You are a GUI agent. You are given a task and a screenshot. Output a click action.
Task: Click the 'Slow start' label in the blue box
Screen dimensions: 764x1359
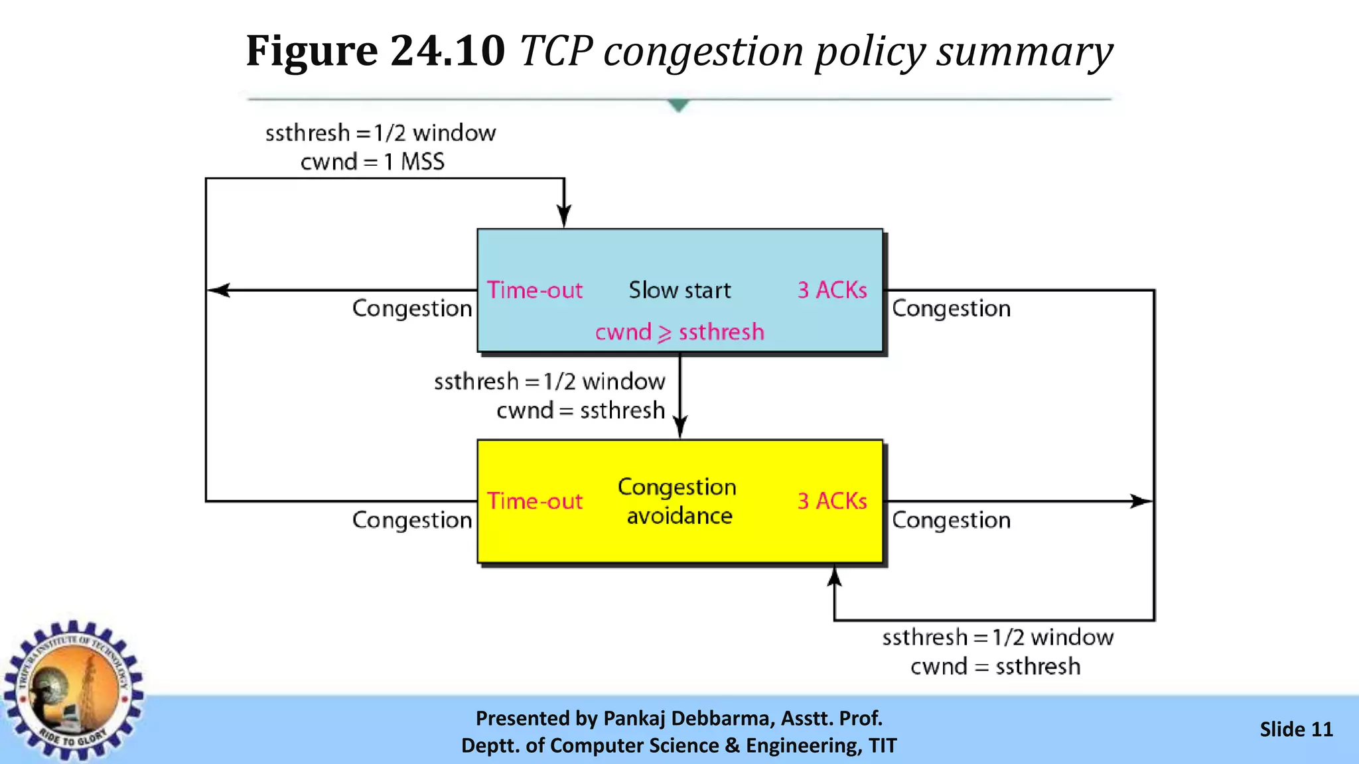[x=679, y=290]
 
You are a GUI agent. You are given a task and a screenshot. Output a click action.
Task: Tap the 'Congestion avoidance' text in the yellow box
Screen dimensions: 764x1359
[x=678, y=501]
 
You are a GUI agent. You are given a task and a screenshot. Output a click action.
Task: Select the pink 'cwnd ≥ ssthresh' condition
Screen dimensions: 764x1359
[x=679, y=332]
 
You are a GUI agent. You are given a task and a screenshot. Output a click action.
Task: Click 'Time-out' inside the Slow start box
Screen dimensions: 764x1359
[x=535, y=290]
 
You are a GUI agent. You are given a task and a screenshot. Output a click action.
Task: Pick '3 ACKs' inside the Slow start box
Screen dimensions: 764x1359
[x=832, y=290]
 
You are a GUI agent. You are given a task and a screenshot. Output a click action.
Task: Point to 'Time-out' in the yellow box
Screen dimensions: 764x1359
[x=535, y=501]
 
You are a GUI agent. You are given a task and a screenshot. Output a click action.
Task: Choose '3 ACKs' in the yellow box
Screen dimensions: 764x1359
[x=832, y=501]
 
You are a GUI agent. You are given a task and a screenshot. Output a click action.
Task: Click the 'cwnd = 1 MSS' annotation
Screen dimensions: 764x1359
[x=372, y=162]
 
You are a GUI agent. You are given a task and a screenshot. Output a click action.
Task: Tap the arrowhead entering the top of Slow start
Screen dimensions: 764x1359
[x=564, y=216]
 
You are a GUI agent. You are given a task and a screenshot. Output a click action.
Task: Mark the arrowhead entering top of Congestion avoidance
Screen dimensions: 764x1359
[x=680, y=426]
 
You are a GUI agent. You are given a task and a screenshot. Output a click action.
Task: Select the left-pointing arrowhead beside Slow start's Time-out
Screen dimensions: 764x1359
[x=219, y=290]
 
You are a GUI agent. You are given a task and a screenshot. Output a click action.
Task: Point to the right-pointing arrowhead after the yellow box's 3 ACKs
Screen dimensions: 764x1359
[x=1141, y=501]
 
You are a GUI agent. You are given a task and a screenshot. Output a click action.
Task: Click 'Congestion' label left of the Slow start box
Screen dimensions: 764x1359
[x=412, y=308]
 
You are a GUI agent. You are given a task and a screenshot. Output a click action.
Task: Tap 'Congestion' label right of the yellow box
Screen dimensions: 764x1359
[x=951, y=520]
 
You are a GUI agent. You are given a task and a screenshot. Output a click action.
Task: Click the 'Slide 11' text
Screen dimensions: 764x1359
[x=1296, y=730]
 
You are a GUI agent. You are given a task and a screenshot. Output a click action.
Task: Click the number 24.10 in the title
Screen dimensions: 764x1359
[x=447, y=50]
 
